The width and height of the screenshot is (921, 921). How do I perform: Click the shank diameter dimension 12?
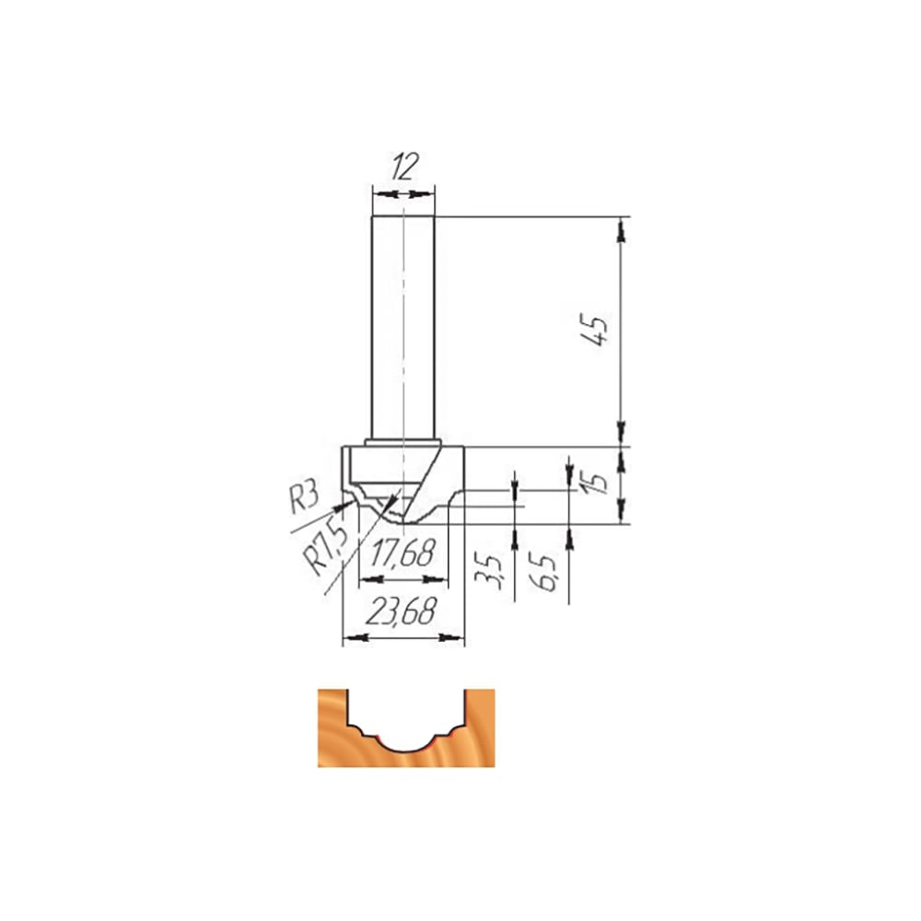(x=404, y=167)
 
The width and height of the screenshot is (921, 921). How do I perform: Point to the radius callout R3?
(x=304, y=497)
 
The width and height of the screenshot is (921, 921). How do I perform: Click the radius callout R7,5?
(x=327, y=549)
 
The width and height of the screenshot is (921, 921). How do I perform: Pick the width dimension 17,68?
(x=403, y=554)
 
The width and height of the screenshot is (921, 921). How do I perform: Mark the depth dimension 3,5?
(x=489, y=570)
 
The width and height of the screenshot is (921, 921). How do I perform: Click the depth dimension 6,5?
(x=542, y=572)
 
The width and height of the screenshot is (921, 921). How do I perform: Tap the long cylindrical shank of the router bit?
(x=403, y=328)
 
